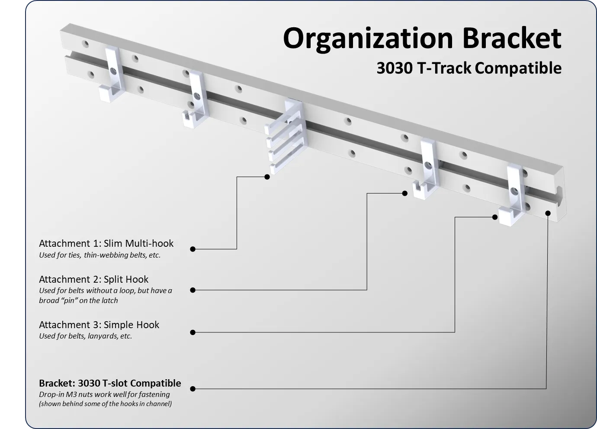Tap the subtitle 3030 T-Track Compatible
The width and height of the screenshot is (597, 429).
pos(469,68)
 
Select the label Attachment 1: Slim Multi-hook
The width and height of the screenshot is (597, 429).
pos(106,243)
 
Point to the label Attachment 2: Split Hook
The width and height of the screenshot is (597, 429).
pos(93,279)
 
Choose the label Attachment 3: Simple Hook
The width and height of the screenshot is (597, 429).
pos(99,325)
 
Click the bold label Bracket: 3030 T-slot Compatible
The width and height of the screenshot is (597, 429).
pos(110,383)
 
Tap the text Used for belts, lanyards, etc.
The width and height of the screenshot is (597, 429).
pos(85,336)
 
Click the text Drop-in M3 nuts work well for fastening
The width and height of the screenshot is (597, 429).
pos(104,394)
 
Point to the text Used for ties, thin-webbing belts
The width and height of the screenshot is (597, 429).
pos(99,255)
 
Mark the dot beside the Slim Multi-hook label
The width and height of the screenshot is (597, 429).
pos(193,249)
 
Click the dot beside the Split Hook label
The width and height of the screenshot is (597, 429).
pos(193,290)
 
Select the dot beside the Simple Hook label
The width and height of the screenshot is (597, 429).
pos(193,332)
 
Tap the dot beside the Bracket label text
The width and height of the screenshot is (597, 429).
pos(193,389)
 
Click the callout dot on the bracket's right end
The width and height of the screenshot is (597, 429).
pos(548,213)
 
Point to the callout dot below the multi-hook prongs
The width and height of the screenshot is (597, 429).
pos(267,177)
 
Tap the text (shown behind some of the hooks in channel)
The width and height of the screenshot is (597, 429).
pos(105,404)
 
